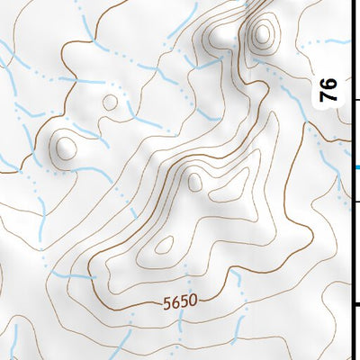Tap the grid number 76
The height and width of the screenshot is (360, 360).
(329, 88)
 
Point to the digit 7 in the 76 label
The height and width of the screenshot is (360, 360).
(329, 94)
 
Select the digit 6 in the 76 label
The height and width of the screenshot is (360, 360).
(329, 83)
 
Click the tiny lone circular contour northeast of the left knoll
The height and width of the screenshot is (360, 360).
(110, 102)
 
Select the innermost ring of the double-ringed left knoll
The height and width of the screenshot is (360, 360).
(65, 145)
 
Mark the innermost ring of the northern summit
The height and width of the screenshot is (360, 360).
(262, 36)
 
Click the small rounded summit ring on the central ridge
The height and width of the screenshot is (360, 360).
(195, 183)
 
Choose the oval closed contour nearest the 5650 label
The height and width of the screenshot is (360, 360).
(164, 244)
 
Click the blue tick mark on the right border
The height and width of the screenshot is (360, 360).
(357, 166)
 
